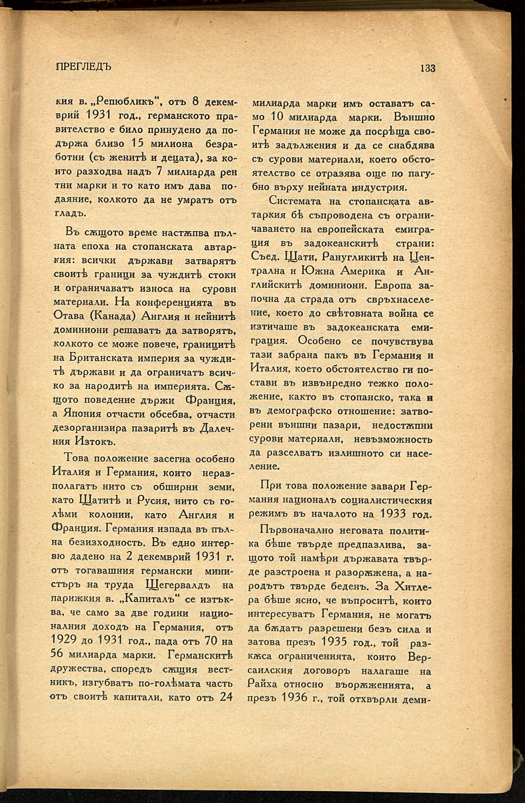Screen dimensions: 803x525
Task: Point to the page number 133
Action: pos(428,67)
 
